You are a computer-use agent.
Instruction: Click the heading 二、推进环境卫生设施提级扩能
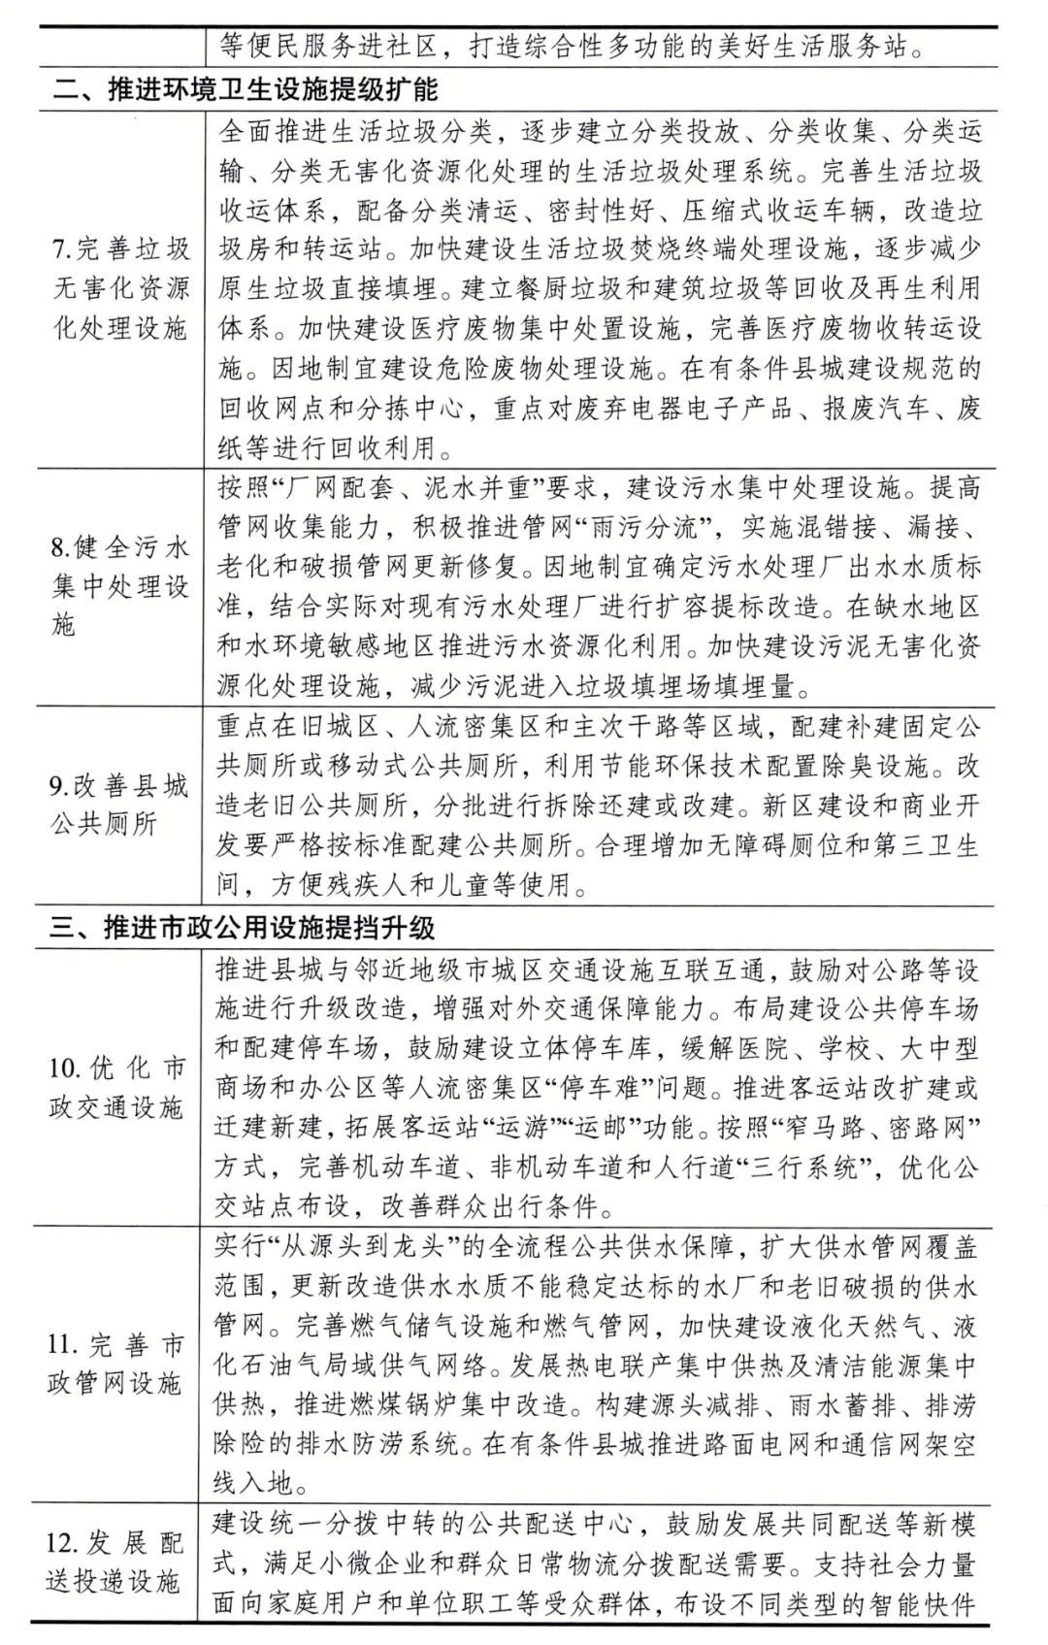pos(245,90)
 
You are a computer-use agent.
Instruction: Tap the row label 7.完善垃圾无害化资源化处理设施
pos(119,289)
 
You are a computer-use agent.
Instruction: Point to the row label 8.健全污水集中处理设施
pos(119,586)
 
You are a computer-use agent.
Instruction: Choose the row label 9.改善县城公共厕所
pos(118,805)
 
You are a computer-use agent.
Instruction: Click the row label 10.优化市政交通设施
pos(116,1088)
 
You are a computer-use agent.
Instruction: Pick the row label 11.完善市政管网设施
pos(116,1364)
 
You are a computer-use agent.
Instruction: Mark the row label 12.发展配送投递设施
pos(115,1563)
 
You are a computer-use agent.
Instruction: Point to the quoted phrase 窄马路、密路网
pos(874,1127)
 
